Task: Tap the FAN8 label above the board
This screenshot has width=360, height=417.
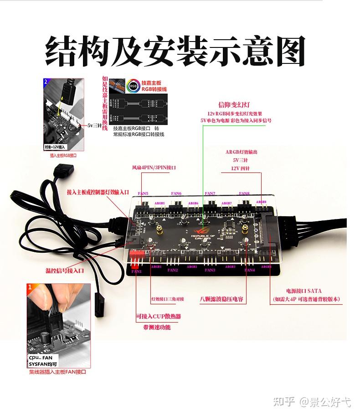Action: click(244, 193)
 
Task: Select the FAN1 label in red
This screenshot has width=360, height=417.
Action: click(136, 271)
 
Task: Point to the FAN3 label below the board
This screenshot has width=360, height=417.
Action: click(210, 270)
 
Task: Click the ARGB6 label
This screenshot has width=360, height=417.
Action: click(193, 203)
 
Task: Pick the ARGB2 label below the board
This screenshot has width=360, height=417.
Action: click(191, 266)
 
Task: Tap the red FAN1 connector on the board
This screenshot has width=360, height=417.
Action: click(136, 253)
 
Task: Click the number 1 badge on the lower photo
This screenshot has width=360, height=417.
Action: click(30, 287)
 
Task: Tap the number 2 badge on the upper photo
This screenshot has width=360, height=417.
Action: click(46, 82)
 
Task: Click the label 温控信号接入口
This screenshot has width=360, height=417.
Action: click(65, 271)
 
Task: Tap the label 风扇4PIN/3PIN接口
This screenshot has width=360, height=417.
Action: click(154, 167)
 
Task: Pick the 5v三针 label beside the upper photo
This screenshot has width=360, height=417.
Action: click(95, 125)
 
